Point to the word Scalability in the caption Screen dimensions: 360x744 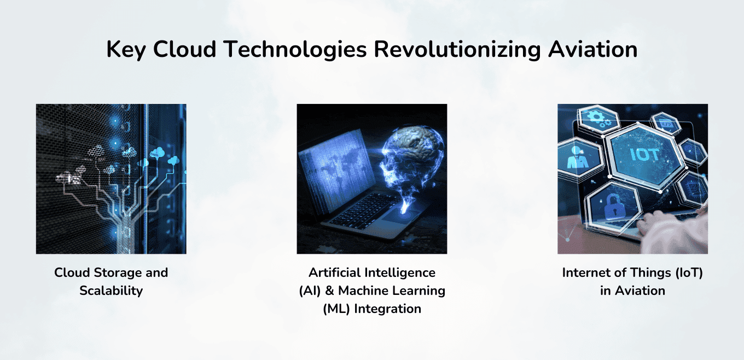(x=111, y=291)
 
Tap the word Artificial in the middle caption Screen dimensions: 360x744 (x=336, y=272)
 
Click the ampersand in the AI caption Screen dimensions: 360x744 (x=328, y=291)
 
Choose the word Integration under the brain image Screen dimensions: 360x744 (x=388, y=309)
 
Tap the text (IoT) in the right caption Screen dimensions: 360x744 (x=683, y=272)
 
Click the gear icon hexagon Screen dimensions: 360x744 (x=595, y=120)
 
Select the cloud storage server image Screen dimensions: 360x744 (x=111, y=179)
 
